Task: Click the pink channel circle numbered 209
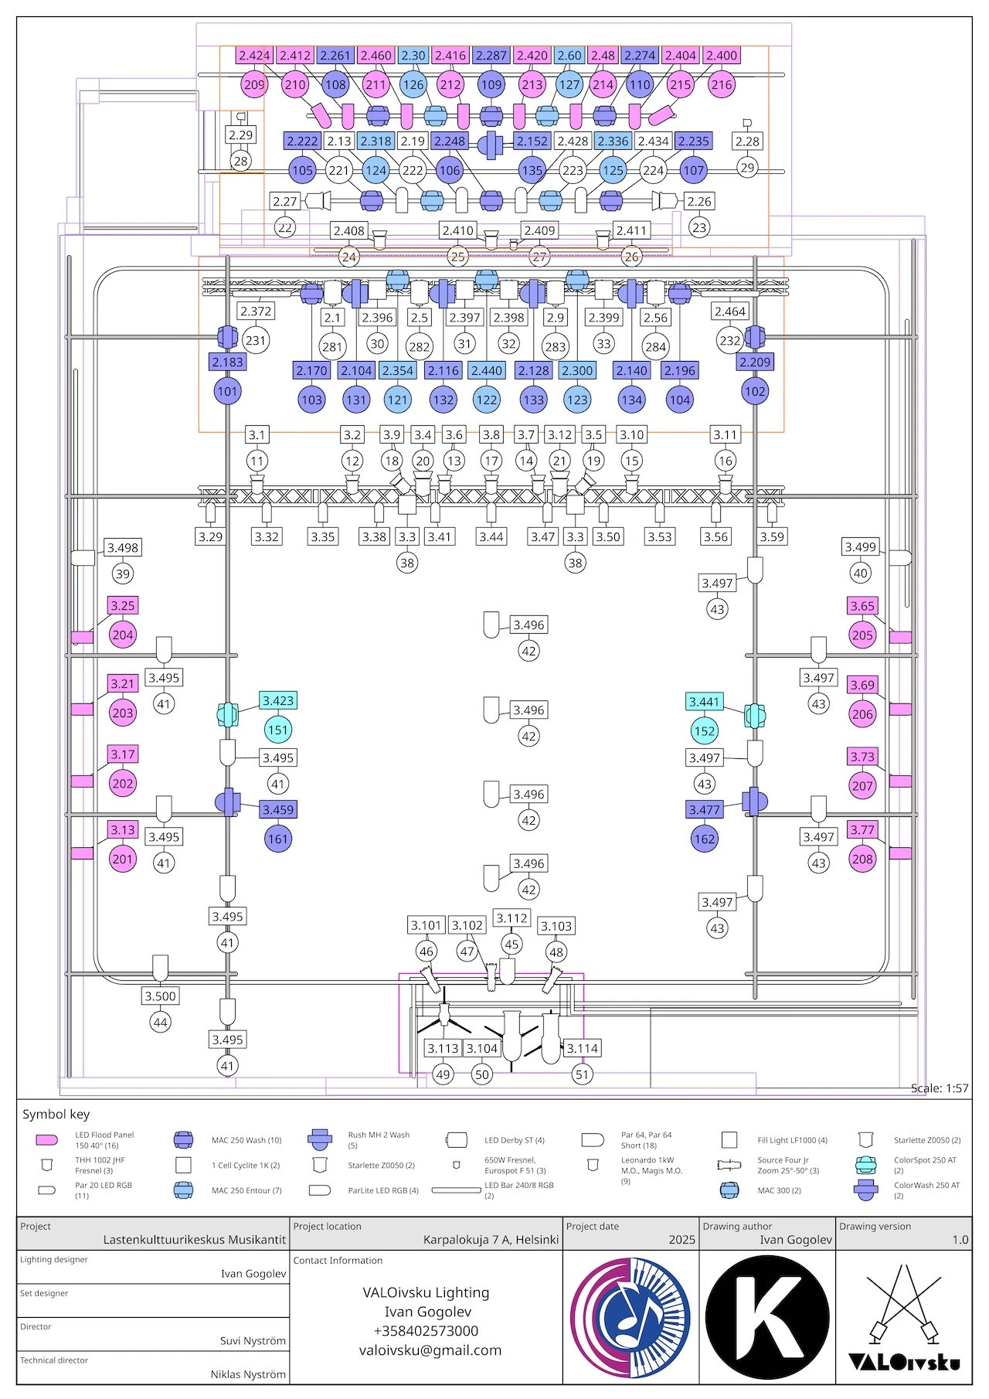254,85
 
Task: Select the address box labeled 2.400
722,56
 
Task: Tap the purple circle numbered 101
227,391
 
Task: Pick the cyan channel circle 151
278,730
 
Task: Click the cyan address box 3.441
704,702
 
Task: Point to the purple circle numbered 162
705,839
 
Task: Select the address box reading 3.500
161,996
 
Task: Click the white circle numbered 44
161,1023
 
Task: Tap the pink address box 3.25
123,606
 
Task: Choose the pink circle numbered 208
862,859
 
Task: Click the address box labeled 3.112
512,918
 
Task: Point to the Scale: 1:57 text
939,1088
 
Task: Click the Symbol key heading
56,1114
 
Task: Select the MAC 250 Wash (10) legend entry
246,1140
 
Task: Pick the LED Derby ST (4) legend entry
514,1140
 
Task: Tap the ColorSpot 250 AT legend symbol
866,1165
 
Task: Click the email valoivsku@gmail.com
430,1350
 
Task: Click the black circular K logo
767,1318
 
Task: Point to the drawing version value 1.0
960,1240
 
